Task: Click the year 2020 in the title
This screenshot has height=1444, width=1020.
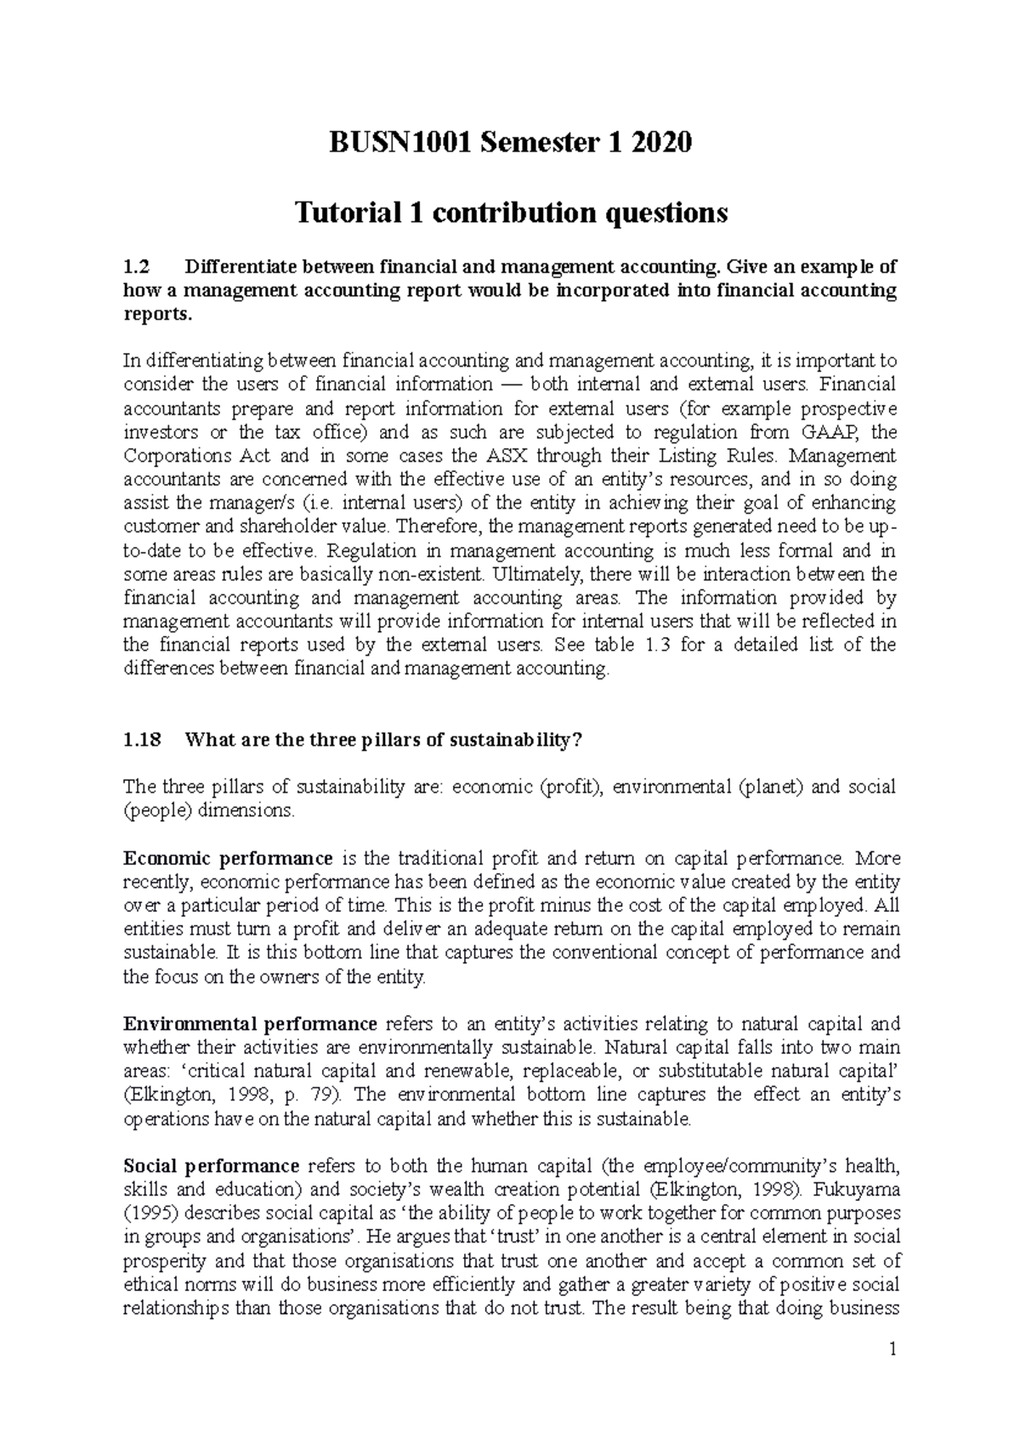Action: (x=657, y=143)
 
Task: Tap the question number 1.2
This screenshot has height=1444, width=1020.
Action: (x=136, y=266)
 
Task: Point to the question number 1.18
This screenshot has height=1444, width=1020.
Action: (x=141, y=739)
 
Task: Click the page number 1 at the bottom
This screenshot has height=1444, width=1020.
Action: (x=891, y=1350)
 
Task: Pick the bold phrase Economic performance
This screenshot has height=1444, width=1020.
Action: (x=228, y=858)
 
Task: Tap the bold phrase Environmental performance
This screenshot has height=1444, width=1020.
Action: (x=250, y=1024)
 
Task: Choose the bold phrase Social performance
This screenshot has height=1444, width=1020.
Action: (x=211, y=1166)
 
